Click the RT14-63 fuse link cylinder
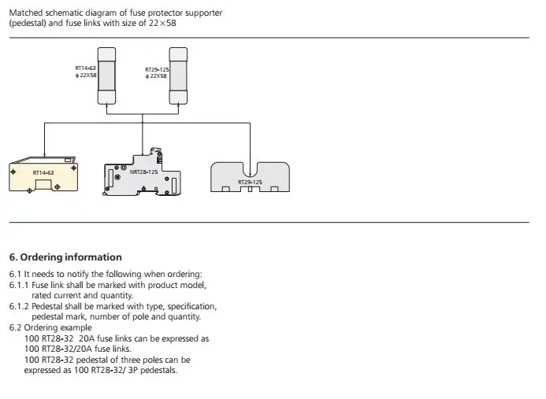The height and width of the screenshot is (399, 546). tap(106, 76)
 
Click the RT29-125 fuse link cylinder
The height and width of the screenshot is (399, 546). tap(178, 76)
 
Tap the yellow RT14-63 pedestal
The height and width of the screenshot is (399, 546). tap(43, 174)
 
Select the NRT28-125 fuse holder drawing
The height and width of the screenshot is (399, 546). tap(142, 172)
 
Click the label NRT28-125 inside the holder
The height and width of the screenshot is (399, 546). tap(144, 172)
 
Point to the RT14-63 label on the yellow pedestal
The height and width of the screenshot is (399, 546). tap(43, 172)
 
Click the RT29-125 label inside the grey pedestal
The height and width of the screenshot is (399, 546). tap(250, 182)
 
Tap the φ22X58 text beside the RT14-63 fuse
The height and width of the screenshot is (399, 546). tap(86, 75)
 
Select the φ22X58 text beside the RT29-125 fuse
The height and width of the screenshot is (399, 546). tap(156, 76)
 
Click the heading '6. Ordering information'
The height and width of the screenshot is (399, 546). tap(65, 257)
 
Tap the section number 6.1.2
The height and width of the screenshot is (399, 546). tap(19, 306)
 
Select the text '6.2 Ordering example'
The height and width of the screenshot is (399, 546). tap(50, 327)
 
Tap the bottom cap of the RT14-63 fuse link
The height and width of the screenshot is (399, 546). tap(106, 98)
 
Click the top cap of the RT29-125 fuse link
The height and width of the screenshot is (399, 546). tap(178, 54)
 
